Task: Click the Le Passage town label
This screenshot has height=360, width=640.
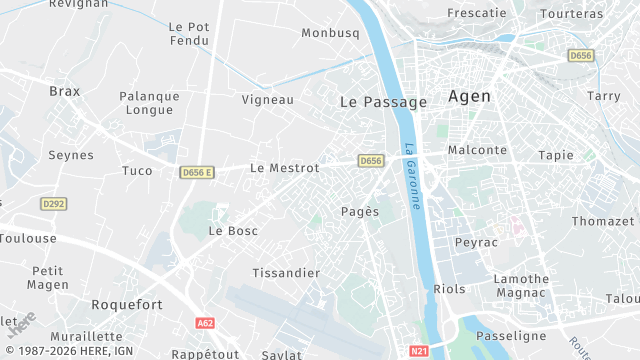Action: tap(383, 102)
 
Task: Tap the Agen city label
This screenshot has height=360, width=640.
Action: tap(470, 97)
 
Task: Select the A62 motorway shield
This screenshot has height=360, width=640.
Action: tap(206, 323)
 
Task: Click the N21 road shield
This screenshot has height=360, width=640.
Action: tap(419, 351)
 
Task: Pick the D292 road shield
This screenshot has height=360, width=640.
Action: tap(54, 204)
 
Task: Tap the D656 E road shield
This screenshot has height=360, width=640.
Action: tap(198, 173)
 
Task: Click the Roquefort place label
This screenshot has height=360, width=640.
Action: tap(126, 304)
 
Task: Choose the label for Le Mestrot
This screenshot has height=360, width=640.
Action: tap(285, 168)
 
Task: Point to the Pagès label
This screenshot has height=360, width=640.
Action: tap(360, 211)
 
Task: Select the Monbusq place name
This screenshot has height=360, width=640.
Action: tap(330, 33)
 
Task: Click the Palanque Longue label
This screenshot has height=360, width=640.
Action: tap(150, 103)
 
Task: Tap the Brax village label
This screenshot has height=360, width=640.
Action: tap(64, 91)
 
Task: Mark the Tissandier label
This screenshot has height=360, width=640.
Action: tap(286, 273)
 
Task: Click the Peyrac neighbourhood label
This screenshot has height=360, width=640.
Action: tap(476, 243)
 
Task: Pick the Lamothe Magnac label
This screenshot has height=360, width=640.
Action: tap(521, 285)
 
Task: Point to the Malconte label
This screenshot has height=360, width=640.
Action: tap(478, 150)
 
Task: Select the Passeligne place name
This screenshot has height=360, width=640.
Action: tap(511, 336)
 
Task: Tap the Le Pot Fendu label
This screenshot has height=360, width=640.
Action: tap(189, 34)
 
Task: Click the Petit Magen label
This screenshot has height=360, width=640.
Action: tap(47, 277)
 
